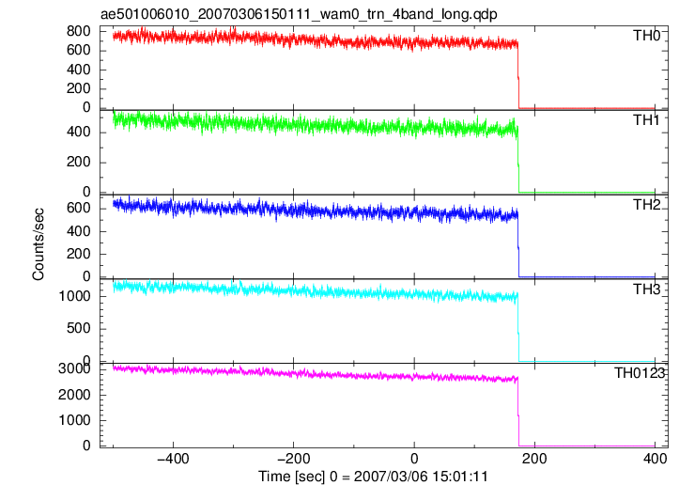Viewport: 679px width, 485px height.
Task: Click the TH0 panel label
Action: pos(646,36)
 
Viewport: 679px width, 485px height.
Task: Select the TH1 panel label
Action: pos(646,120)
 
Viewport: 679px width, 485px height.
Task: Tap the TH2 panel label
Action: pos(646,205)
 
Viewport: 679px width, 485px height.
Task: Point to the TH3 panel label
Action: pos(646,289)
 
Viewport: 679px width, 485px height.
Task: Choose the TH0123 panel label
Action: pos(640,373)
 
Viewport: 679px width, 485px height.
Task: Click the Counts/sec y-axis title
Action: pos(39,244)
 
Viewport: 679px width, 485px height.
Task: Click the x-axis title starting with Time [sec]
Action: pos(373,477)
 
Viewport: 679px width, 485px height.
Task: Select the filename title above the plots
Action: pos(299,14)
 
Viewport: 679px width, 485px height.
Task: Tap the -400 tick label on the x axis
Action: pos(173,458)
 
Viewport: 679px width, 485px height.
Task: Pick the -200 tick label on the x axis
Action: pos(294,458)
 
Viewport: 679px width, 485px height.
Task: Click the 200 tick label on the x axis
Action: pos(534,458)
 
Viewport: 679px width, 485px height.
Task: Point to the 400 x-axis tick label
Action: pos(655,458)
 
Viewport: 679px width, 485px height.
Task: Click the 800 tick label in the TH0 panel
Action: pos(78,31)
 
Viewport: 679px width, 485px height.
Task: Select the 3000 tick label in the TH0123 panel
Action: pos(74,368)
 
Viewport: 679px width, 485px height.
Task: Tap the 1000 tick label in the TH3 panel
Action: pos(74,296)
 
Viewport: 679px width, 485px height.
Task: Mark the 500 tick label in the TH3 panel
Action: pos(78,328)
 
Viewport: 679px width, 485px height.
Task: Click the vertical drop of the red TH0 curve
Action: pos(518,74)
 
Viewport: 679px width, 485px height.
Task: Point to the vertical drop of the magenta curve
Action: pos(518,412)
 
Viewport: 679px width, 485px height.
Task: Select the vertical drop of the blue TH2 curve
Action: pos(518,244)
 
